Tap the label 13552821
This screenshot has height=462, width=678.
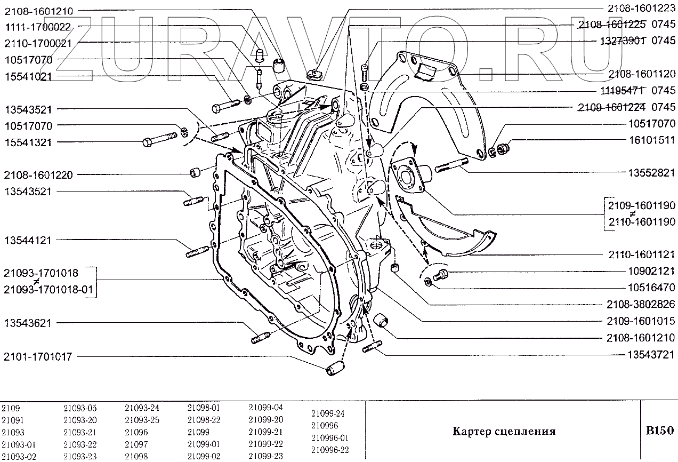click(649, 173)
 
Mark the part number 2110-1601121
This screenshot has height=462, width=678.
click(641, 254)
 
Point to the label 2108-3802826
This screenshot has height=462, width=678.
click(641, 305)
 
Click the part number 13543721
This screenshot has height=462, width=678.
click(649, 354)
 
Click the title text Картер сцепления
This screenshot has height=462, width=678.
click(504, 431)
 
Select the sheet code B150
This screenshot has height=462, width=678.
click(659, 431)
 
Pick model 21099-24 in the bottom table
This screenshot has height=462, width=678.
click(327, 413)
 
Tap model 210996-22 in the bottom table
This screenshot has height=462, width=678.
click(329, 449)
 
